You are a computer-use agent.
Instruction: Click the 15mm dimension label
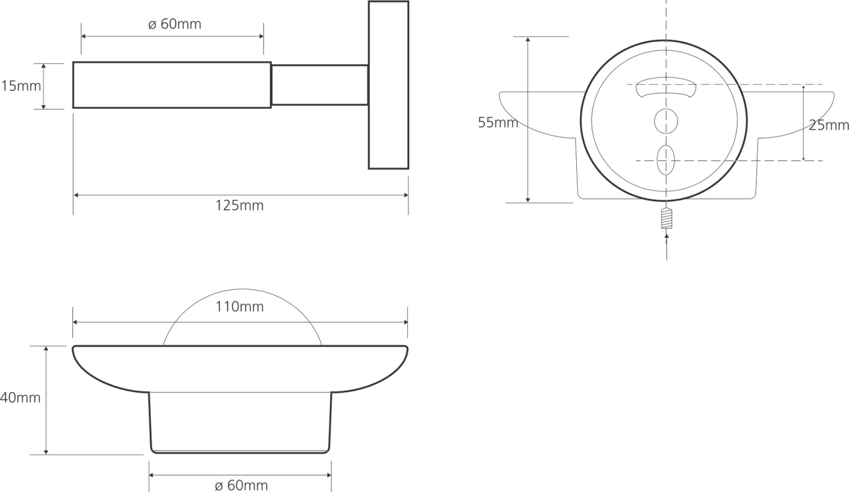[x=21, y=86]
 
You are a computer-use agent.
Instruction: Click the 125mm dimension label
[x=239, y=206]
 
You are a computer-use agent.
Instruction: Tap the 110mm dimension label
[x=239, y=307]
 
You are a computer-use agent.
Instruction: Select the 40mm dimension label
[x=20, y=397]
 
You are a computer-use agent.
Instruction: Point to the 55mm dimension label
[x=498, y=122]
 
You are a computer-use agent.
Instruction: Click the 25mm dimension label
[x=829, y=125]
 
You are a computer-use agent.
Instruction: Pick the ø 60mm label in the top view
[x=174, y=24]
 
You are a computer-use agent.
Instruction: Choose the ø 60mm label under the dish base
[x=241, y=485]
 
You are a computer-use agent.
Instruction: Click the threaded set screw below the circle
[x=666, y=219]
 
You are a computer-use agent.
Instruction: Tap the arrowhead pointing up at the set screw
[x=667, y=236]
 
